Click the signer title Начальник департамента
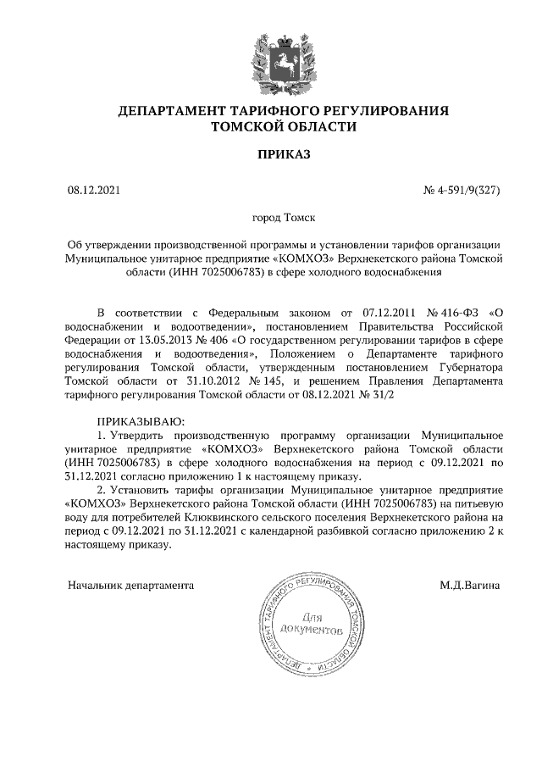pyautogui.click(x=130, y=585)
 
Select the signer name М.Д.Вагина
pyautogui.click(x=469, y=585)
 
